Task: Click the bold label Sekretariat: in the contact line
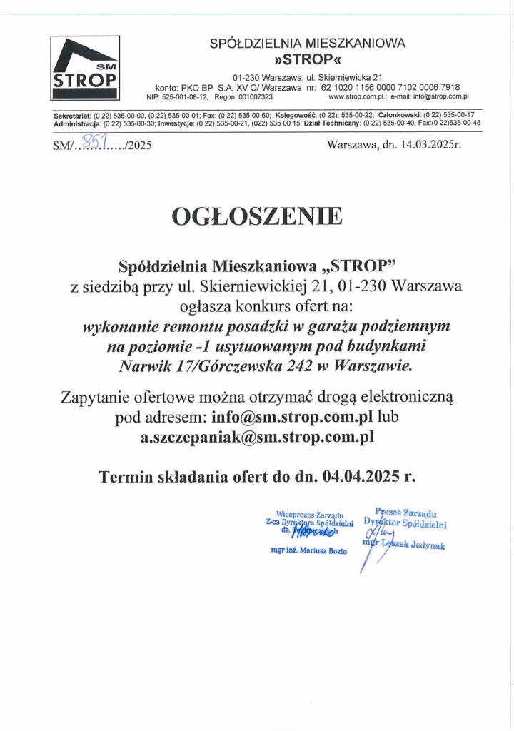(x=73, y=114)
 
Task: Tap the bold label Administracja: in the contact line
(x=76, y=123)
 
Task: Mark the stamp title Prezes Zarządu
(x=406, y=513)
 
